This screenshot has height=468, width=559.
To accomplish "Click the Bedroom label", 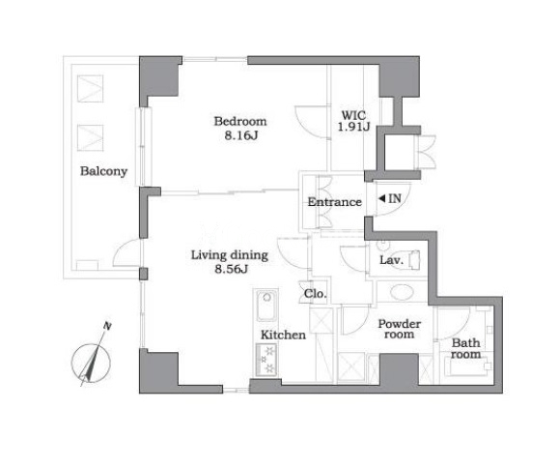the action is pos(240,122).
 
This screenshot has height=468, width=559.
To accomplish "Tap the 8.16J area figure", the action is pos(241,135).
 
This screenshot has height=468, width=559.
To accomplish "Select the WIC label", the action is pos(353,115).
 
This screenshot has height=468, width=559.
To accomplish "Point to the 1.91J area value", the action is pos(354,127).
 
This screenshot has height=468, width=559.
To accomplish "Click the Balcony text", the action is pos(103,171).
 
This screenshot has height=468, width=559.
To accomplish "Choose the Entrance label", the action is pos(334,202).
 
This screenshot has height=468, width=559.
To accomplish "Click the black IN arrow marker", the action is pos(381,198).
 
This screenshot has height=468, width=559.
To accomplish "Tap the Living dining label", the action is pos(230,255).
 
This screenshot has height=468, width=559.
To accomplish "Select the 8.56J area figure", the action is pos(232,269).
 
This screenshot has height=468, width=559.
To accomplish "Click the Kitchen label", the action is pos(283,335).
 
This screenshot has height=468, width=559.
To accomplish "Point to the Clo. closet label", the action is pos(315,294).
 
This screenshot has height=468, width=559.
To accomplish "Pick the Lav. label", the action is pos(391,260).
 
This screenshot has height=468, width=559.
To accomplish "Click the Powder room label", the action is pos(400,329).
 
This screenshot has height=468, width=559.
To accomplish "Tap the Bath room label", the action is pos(465,349).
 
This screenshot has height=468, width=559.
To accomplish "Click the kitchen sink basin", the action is pos(266,306).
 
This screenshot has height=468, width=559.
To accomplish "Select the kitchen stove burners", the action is pos(266,359).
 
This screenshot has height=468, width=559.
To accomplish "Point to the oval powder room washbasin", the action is pos(402,292).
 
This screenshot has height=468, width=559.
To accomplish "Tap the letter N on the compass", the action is pos(107,326).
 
